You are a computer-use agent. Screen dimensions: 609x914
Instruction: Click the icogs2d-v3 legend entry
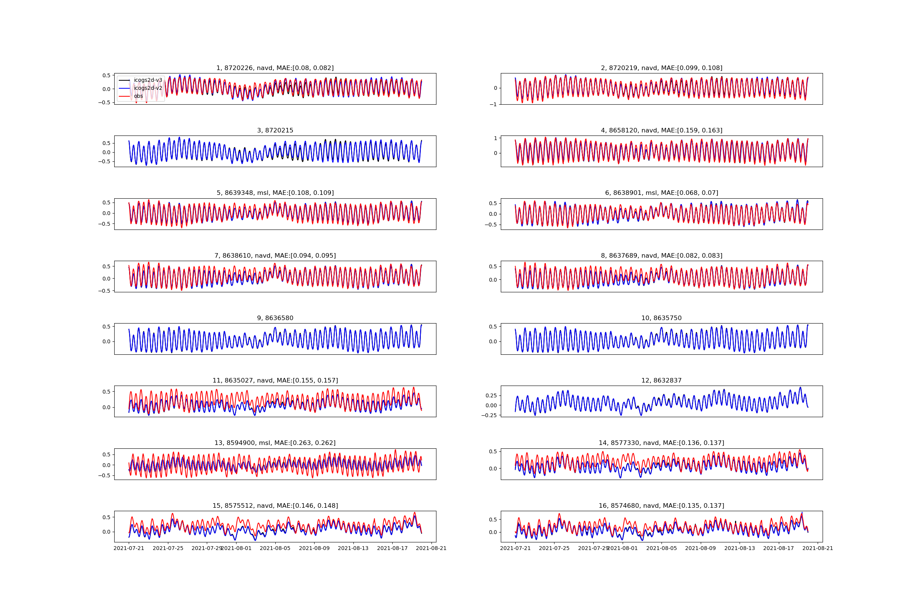tap(148, 80)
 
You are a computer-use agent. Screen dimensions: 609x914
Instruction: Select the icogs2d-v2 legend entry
tap(148, 88)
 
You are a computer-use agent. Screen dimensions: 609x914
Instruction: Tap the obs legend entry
tap(138, 96)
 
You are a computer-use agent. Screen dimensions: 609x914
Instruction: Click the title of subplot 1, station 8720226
tap(275, 68)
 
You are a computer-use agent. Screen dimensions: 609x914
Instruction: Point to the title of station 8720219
tap(662, 68)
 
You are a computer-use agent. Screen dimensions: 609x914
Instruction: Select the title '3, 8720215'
tap(275, 131)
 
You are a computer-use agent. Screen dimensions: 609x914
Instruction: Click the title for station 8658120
tap(662, 131)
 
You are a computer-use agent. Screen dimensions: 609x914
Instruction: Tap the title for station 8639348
tap(275, 193)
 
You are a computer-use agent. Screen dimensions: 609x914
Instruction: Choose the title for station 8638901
tap(662, 193)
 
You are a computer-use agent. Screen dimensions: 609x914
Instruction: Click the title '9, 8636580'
tap(275, 318)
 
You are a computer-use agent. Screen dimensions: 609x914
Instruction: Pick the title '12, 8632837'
tap(662, 381)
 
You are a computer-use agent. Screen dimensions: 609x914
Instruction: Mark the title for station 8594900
tap(275, 443)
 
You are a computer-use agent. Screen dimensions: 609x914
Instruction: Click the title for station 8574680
tap(662, 506)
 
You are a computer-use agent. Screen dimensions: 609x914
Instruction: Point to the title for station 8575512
tap(275, 506)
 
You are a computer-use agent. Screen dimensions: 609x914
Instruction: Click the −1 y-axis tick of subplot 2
tap(493, 104)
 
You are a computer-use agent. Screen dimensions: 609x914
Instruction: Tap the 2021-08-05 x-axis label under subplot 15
tap(275, 548)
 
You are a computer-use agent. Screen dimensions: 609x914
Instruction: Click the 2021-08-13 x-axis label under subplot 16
tap(740, 548)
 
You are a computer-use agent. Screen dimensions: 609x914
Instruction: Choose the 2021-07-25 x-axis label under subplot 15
tap(168, 548)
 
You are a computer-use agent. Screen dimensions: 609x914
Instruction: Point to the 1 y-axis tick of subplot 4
tap(495, 138)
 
